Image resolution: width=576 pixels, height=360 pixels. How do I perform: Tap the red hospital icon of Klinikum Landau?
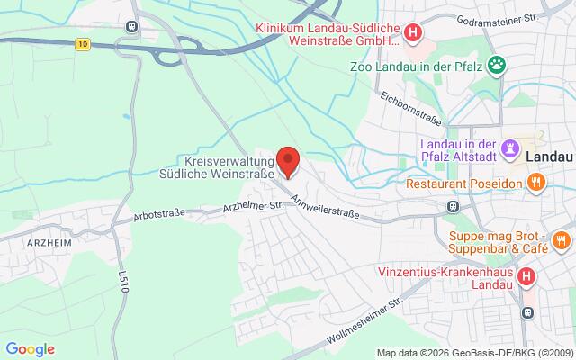[x=412, y=34]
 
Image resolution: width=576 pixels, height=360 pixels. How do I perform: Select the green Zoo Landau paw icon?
[x=496, y=64]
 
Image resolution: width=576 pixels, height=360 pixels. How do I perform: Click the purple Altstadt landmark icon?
[x=512, y=147]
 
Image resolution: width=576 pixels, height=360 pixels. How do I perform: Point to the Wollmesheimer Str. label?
[x=373, y=318]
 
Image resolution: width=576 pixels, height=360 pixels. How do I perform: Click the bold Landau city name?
[x=547, y=156]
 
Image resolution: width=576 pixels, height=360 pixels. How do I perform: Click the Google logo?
[x=30, y=348]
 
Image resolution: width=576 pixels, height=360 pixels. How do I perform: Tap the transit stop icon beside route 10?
[x=133, y=27]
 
